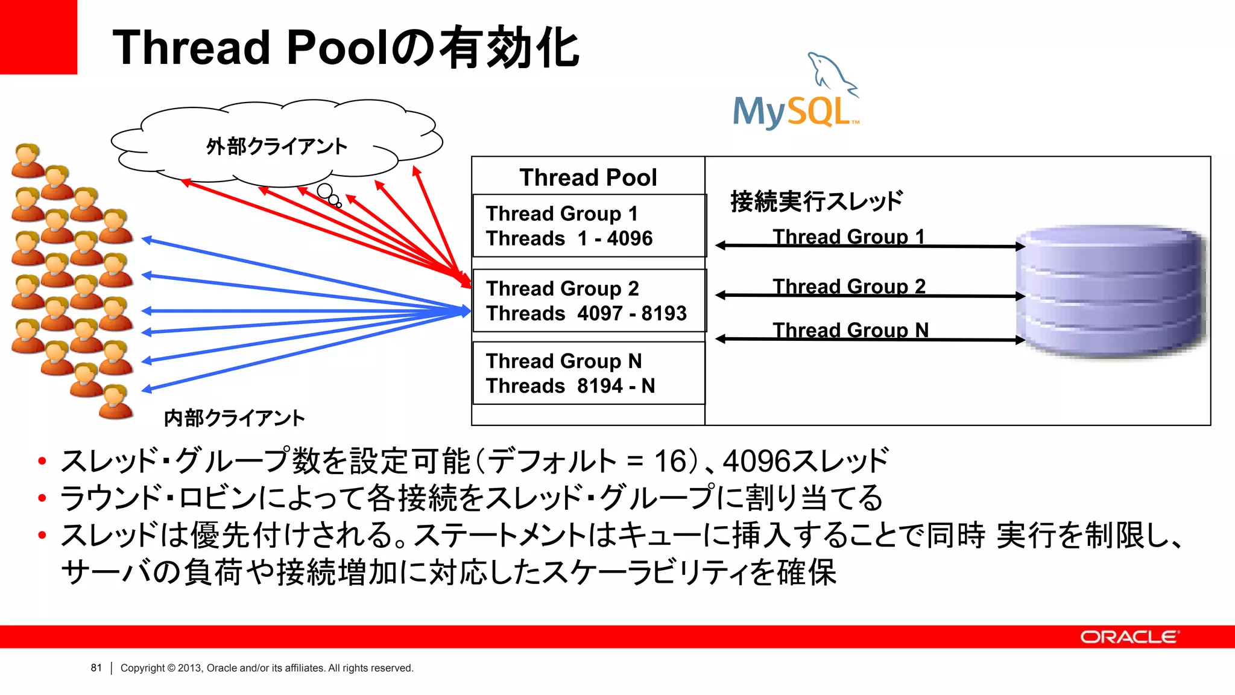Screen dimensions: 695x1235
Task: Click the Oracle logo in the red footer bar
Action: coord(1128,637)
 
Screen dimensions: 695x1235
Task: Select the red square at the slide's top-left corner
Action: coord(38,36)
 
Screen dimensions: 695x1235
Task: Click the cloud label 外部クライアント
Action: coord(276,147)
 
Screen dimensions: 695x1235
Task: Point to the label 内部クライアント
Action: coord(234,418)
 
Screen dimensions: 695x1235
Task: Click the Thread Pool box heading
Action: coord(588,177)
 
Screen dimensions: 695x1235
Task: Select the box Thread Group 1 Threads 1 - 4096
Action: coord(589,226)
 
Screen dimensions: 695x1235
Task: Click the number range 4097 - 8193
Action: coord(631,314)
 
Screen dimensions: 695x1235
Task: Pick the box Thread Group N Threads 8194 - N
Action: coord(589,373)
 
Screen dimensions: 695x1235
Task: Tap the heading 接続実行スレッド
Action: coord(816,202)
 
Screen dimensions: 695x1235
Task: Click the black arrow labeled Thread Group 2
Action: coord(870,296)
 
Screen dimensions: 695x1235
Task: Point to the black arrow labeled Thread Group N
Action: coord(870,340)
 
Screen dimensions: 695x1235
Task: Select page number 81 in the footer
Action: coord(96,668)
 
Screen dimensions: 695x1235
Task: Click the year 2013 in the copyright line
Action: coord(189,668)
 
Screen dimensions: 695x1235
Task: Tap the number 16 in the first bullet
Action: coord(670,462)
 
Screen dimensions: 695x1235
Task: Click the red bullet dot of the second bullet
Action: coord(42,498)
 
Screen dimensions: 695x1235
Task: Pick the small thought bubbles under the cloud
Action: coord(329,195)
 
